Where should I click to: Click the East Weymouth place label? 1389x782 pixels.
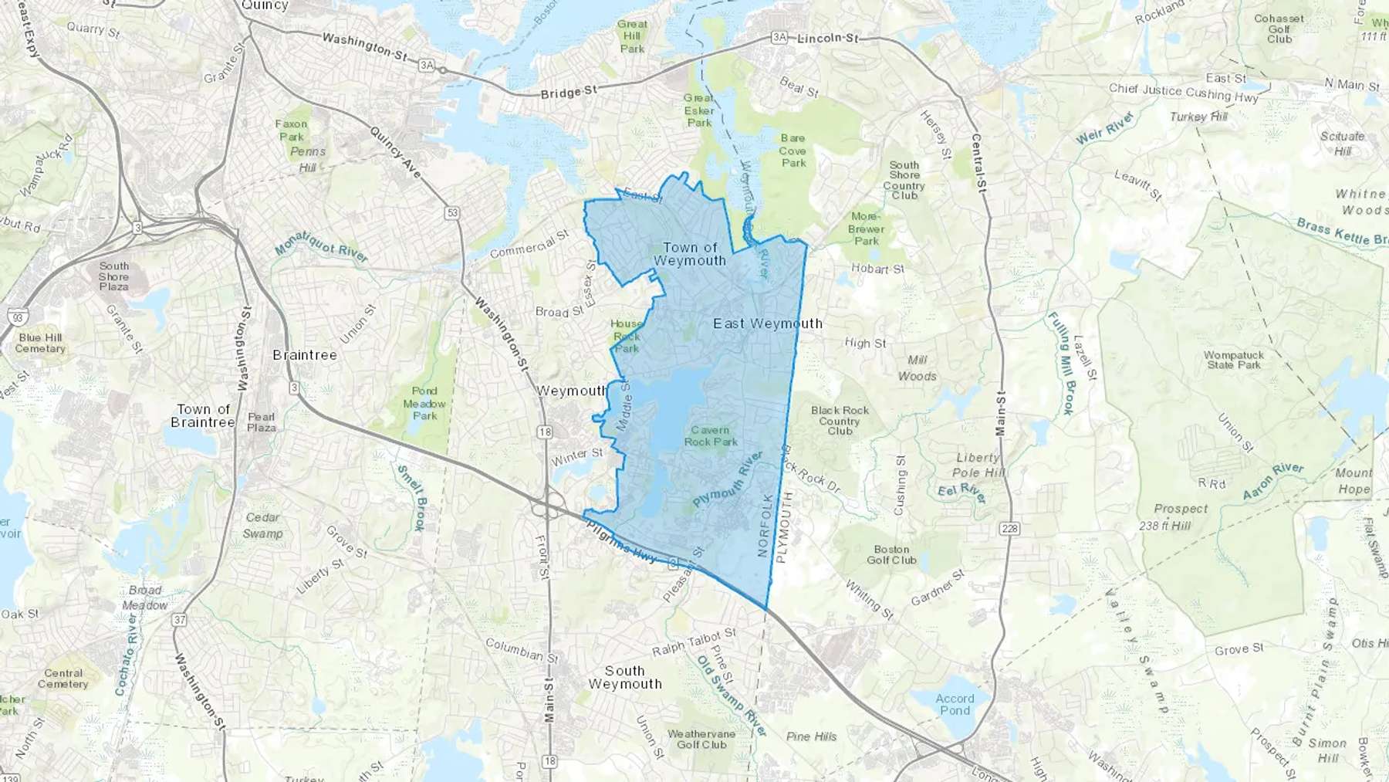767,323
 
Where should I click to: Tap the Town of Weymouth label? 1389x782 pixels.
690,254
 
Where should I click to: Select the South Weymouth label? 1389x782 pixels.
624,677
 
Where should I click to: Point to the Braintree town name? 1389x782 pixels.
305,355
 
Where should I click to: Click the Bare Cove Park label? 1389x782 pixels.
793,151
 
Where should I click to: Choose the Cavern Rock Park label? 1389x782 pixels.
711,436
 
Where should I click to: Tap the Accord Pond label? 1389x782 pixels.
955,704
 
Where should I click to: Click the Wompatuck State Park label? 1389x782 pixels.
1233,361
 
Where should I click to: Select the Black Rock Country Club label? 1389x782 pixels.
840,421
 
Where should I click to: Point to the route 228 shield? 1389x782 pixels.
1009,529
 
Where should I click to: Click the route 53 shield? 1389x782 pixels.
452,212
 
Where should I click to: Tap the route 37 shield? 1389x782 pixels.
180,619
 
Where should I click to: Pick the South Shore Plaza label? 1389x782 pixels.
113,276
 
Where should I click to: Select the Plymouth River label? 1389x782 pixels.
728,479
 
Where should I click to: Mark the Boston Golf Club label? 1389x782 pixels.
891,554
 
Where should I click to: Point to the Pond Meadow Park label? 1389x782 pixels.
424,403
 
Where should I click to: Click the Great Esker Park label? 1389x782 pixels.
698,110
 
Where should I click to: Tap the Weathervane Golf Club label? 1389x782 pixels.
701,739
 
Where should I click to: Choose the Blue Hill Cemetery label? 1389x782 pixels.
40,343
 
